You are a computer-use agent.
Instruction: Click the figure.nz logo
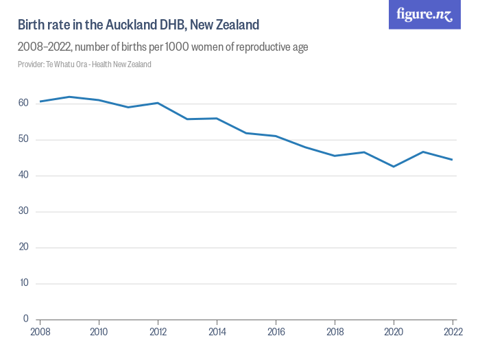tap(424, 14)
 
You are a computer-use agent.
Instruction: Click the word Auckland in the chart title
tap(131, 25)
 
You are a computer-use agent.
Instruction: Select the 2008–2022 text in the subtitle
tap(43, 47)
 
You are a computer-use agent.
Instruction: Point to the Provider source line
tap(84, 64)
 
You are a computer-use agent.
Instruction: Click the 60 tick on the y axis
tap(23, 104)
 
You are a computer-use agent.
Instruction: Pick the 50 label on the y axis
tap(23, 140)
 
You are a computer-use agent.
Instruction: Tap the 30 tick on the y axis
tap(23, 211)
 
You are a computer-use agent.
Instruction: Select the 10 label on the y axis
tap(23, 283)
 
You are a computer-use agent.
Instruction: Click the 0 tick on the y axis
tap(26, 319)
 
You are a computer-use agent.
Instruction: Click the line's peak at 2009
tap(69, 97)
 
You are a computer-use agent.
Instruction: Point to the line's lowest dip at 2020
tap(394, 167)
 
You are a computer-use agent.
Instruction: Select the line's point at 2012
tap(158, 103)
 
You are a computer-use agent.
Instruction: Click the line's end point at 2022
tap(452, 160)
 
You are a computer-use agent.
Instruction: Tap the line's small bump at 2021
tap(423, 152)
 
